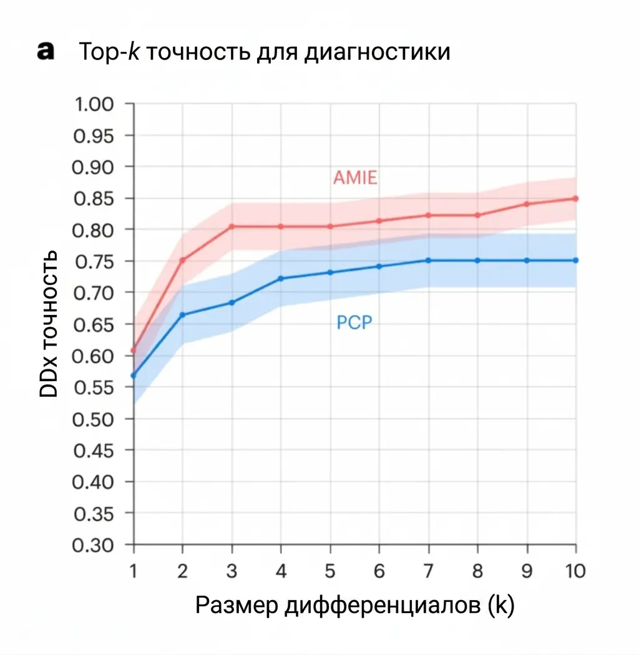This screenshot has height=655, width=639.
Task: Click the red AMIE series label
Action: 355,178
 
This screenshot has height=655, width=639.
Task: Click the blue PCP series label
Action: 354,323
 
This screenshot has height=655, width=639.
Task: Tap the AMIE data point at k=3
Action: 232,226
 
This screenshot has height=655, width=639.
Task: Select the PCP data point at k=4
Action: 281,279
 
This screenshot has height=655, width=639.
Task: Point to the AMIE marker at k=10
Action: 575,198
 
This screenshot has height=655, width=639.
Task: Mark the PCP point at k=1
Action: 134,376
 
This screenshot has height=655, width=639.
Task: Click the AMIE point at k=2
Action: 183,260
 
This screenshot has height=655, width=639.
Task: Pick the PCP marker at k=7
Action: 428,260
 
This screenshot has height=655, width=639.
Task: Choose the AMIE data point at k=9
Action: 527,204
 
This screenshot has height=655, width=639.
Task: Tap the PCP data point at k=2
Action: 183,314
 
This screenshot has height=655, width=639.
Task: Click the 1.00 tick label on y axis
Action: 94,104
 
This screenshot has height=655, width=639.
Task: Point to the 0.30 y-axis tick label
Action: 93,545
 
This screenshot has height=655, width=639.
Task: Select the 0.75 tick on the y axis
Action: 94,262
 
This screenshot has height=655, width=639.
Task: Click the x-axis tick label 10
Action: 575,571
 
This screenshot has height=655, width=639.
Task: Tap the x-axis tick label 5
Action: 330,571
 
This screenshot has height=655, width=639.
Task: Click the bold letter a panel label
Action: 46,51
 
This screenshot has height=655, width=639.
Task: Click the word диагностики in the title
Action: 377,52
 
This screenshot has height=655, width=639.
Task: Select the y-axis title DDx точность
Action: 49,324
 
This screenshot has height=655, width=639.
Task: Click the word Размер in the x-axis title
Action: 237,605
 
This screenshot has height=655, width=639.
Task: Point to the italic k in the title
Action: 134,51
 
